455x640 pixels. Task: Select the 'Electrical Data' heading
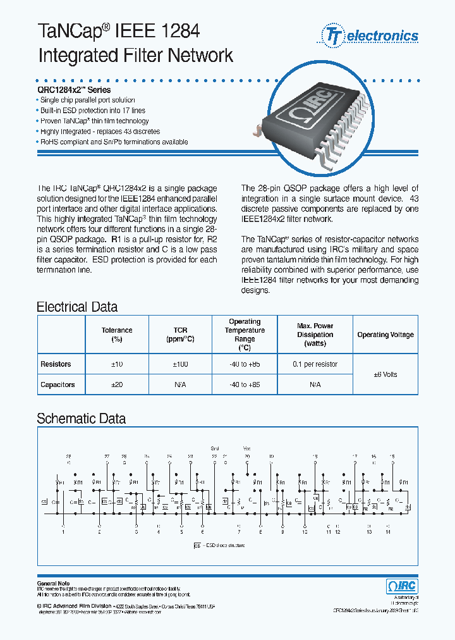point(77,307)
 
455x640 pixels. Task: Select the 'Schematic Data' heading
point(81,419)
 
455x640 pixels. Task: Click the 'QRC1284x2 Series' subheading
point(75,90)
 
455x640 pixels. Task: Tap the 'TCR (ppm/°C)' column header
point(180,335)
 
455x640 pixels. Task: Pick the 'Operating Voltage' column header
point(385,335)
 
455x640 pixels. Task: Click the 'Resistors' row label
point(56,364)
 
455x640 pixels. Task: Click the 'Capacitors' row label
point(58,385)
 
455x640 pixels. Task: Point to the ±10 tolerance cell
point(117,364)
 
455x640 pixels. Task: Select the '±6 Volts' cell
point(385,374)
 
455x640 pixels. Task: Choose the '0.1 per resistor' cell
point(315,364)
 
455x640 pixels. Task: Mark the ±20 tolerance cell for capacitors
point(117,385)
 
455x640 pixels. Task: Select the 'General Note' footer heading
point(54,583)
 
